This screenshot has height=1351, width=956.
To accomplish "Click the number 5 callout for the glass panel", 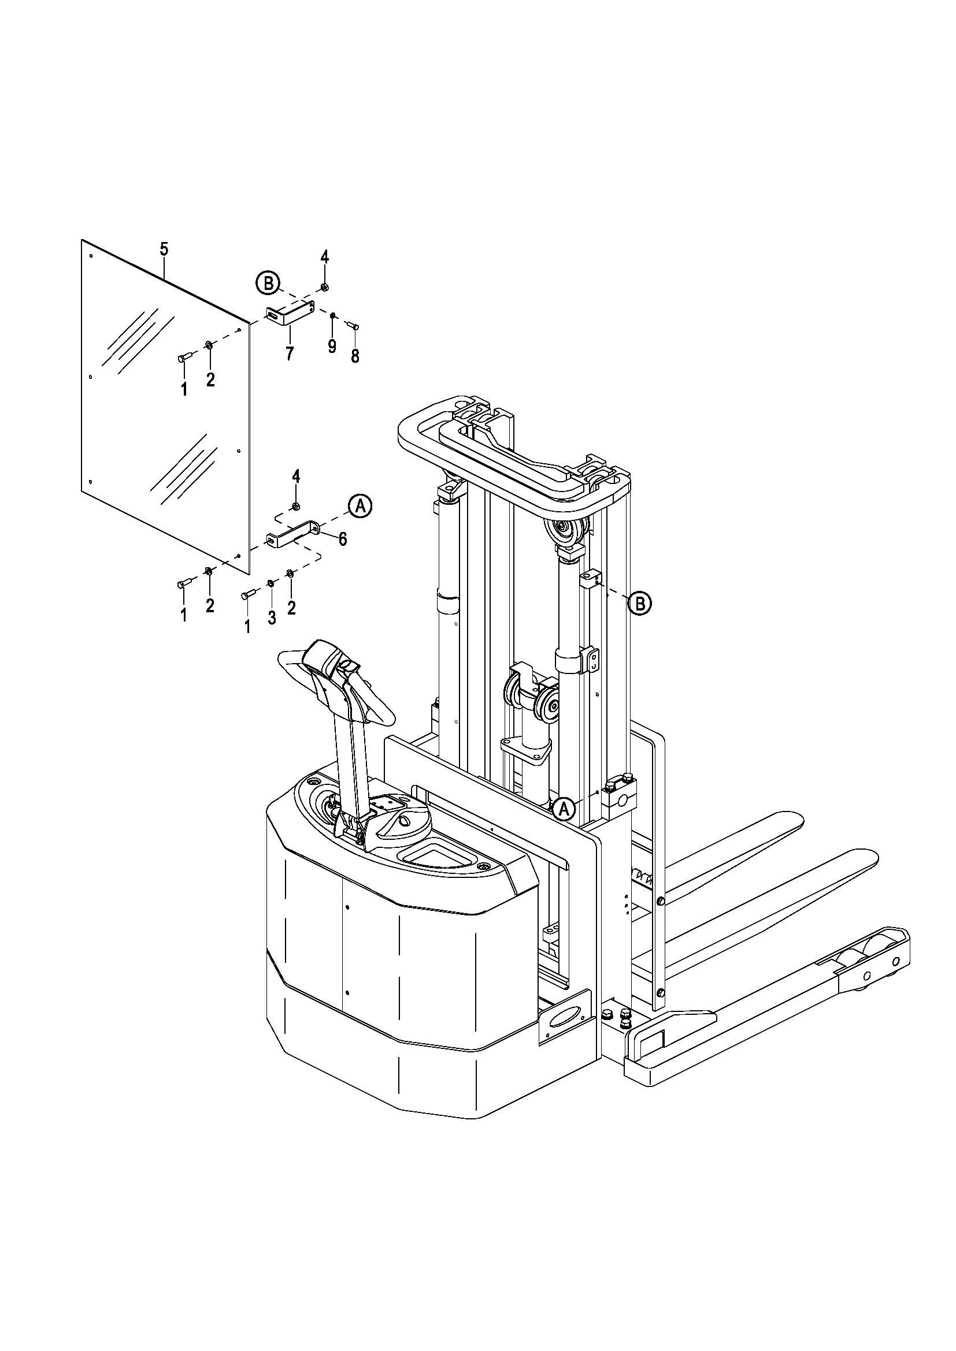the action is click(x=164, y=249).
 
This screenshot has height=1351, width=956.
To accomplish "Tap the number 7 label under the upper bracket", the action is click(x=289, y=353).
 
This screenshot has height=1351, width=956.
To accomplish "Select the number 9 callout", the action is click(x=332, y=346).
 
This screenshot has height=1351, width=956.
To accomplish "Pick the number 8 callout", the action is click(x=355, y=355).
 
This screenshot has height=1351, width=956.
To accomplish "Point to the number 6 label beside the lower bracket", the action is click(x=343, y=538).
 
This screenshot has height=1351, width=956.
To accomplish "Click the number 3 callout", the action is click(x=272, y=619).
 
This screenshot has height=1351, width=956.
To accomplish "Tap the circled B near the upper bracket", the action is click(x=268, y=284).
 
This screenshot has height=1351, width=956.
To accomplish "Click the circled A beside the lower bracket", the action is click(x=360, y=506).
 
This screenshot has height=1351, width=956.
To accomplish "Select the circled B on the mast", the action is click(x=640, y=603).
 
